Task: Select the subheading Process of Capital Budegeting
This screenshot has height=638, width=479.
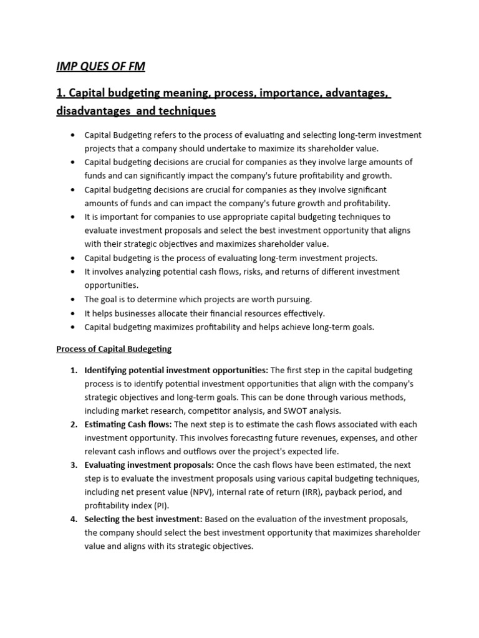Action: [x=114, y=349]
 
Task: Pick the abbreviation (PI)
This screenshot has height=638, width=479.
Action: [x=164, y=505]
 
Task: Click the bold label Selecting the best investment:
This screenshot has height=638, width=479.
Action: [x=143, y=519]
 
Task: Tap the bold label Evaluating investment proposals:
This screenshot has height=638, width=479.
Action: [x=149, y=465]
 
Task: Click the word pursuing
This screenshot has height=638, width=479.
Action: [x=293, y=299]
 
